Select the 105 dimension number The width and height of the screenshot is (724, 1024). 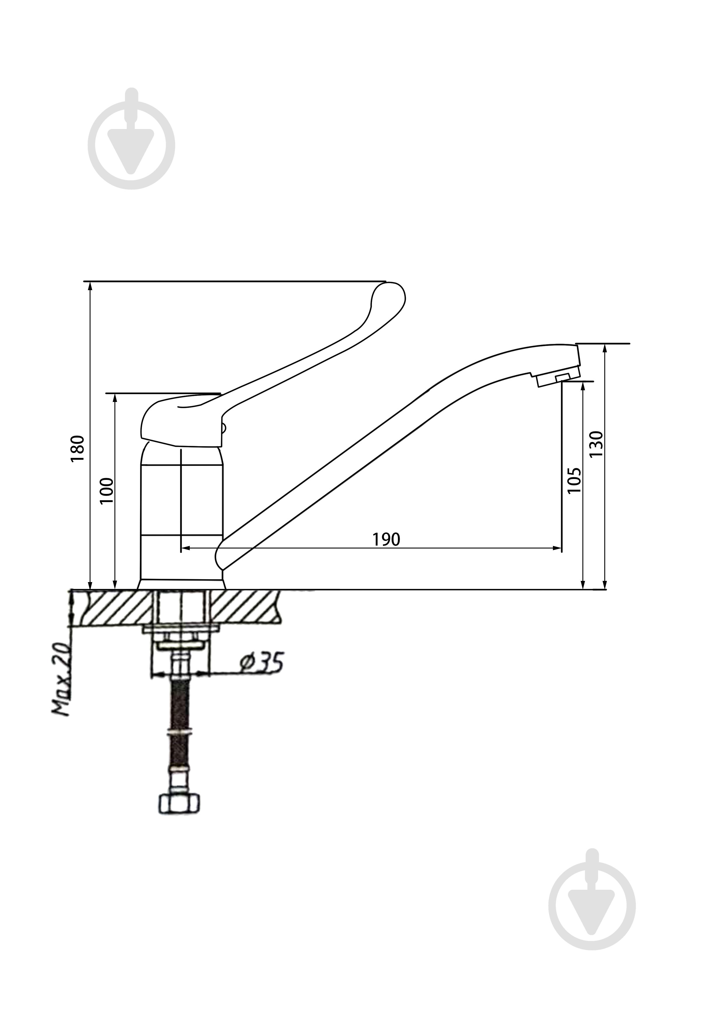(x=574, y=480)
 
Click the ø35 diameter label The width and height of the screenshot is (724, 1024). (x=261, y=662)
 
